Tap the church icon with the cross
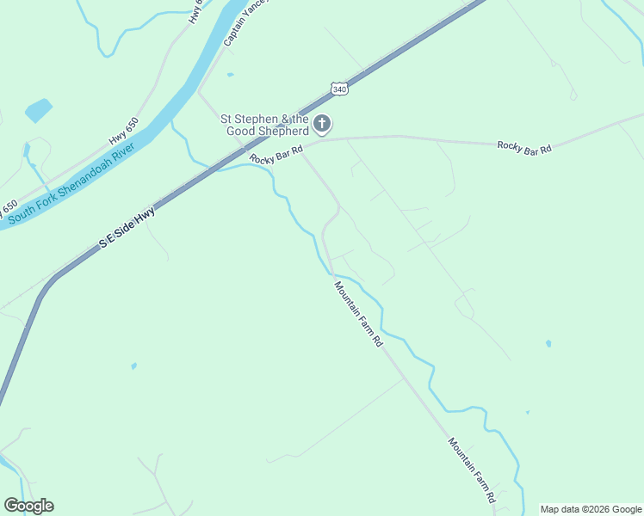322,125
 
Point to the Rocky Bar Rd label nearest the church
276,155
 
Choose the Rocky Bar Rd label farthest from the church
523,147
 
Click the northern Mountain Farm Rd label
358,314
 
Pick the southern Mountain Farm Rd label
472,470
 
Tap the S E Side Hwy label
127,227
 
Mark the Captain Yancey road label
245,23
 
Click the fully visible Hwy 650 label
123,132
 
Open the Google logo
28,506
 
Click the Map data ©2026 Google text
591,509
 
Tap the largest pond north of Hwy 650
38,110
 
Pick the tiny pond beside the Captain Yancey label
230,75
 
